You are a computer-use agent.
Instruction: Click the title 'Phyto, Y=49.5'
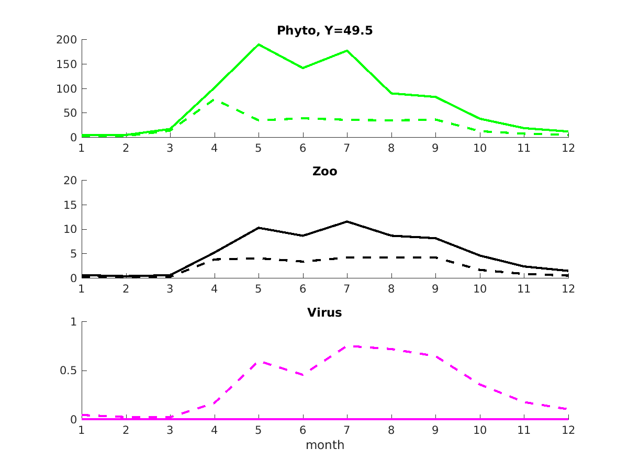pyautogui.click(x=324, y=31)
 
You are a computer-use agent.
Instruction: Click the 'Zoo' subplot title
pyautogui.click(x=324, y=171)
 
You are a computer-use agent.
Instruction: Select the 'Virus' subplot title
pyautogui.click(x=324, y=313)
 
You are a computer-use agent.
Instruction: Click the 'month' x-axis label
pyautogui.click(x=324, y=445)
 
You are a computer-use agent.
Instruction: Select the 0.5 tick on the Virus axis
pyautogui.click(x=66, y=371)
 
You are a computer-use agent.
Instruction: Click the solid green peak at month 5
pyautogui.click(x=259, y=44)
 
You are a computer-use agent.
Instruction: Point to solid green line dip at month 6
pyautogui.click(x=303, y=68)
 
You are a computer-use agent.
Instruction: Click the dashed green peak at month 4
pyautogui.click(x=215, y=99)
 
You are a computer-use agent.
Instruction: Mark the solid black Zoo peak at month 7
pyautogui.click(x=347, y=221)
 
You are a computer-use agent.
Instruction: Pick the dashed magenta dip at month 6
pyautogui.click(x=303, y=375)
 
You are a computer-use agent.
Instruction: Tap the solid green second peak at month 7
pyautogui.click(x=347, y=50)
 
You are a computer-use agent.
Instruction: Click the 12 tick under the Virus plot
pyautogui.click(x=568, y=430)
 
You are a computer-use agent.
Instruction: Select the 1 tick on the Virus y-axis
pyautogui.click(x=73, y=322)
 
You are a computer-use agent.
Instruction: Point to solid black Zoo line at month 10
pyautogui.click(x=480, y=255)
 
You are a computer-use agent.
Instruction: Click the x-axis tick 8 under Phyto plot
pyautogui.click(x=391, y=148)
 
